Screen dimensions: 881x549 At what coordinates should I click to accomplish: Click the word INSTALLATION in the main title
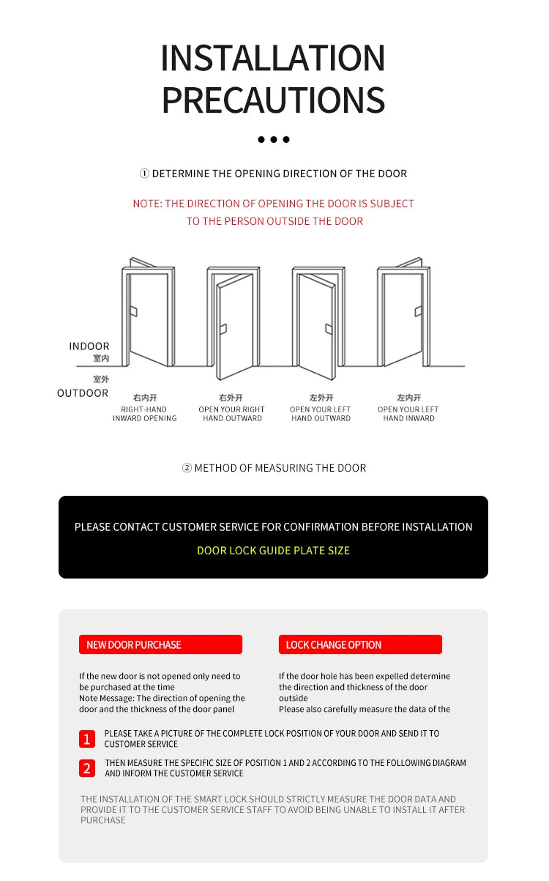pos(273,59)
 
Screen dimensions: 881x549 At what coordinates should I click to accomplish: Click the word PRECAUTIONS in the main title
pos(273,100)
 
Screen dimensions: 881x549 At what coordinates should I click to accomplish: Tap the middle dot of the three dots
pos(274,139)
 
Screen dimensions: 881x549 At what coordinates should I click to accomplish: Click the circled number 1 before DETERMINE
pos(144,174)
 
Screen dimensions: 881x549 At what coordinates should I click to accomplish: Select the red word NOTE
pos(147,204)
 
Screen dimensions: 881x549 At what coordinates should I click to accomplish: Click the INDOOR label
pos(89,346)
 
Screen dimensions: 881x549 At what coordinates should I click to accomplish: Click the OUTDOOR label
pos(83,393)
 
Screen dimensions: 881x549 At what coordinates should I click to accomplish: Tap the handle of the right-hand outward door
pos(223,329)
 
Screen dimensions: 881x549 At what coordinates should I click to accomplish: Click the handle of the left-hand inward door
pos(418,311)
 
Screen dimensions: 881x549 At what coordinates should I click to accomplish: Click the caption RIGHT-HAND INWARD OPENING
pos(144,414)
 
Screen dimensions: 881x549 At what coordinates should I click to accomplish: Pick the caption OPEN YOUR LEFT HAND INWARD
pos(408,414)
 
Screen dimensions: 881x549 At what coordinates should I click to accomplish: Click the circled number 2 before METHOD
pos(187,468)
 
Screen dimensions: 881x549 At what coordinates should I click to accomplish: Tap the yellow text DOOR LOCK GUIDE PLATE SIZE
pos(273,550)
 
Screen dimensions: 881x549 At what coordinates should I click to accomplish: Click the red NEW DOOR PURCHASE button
pos(160,644)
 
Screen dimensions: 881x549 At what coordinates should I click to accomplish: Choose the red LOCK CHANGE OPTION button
pos(360,644)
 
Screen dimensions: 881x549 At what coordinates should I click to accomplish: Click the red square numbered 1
pos(87,739)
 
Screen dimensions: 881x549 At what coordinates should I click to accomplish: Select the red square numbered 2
pos(87,768)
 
